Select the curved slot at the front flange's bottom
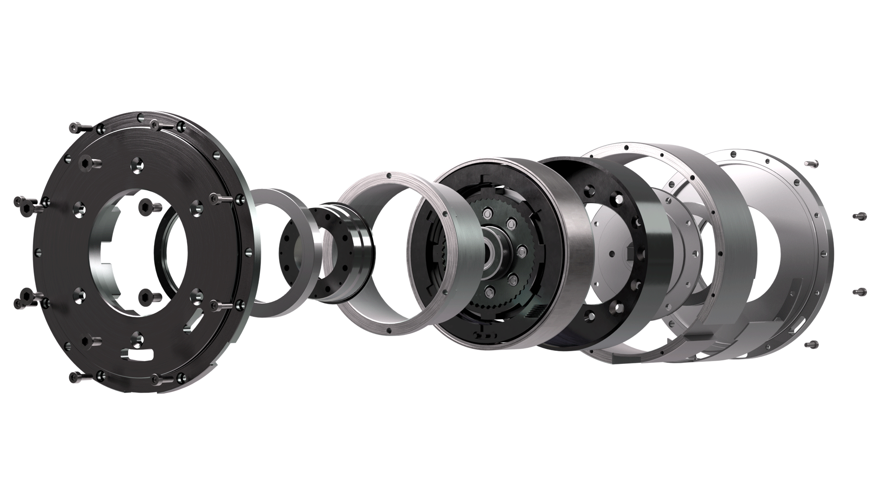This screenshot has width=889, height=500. [137, 356]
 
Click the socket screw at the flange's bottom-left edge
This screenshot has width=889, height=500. [76, 377]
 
